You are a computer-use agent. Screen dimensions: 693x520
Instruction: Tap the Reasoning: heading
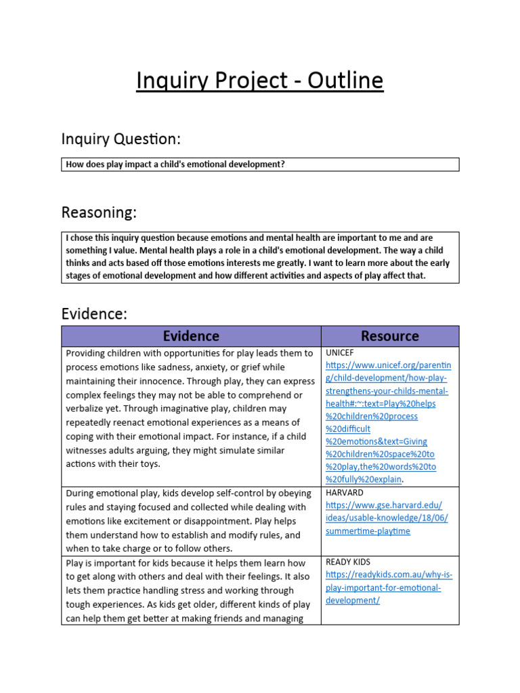click(x=99, y=213)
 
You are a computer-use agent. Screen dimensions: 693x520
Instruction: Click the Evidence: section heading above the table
click(x=94, y=314)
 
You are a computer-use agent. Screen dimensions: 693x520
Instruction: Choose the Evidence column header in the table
click(x=191, y=336)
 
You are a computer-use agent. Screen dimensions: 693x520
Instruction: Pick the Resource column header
click(x=389, y=336)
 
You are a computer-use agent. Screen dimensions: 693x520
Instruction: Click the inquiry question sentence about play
click(x=175, y=164)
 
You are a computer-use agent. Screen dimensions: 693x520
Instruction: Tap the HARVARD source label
click(x=345, y=493)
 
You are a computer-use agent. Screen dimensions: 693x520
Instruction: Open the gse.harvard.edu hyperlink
click(x=386, y=518)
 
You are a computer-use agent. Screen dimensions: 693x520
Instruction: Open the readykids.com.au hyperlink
click(x=389, y=587)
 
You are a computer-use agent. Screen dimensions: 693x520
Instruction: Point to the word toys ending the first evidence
click(x=147, y=464)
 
